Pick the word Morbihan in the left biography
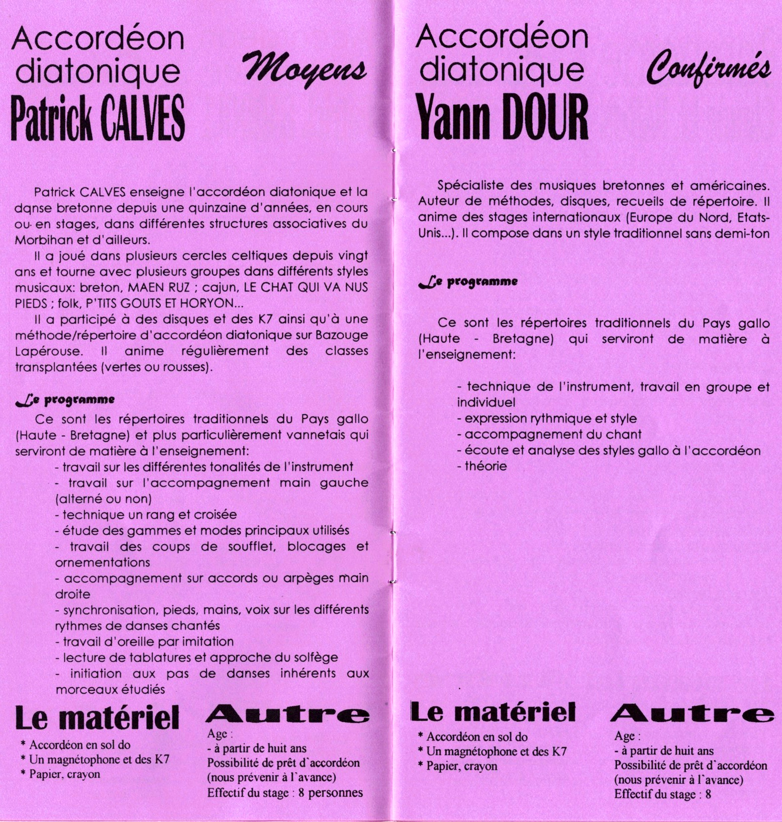pos(47,239)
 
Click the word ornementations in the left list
pos(103,562)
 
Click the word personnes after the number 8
pos(335,793)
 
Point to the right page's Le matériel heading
pos(493,712)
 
